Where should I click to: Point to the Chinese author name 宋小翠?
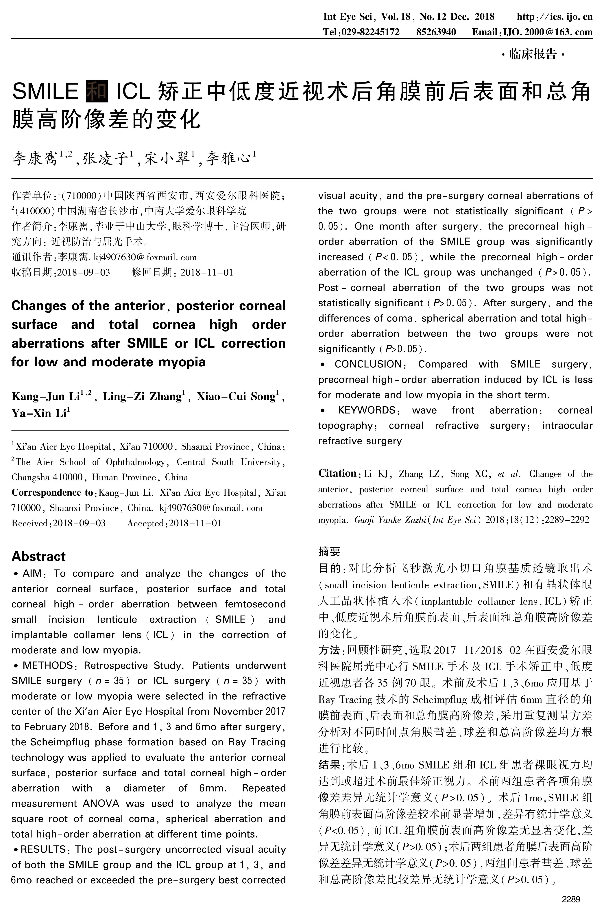coord(168,158)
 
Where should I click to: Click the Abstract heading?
coord(38,556)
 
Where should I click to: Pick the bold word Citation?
coord(337,474)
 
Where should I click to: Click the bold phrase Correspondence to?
coord(52,492)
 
